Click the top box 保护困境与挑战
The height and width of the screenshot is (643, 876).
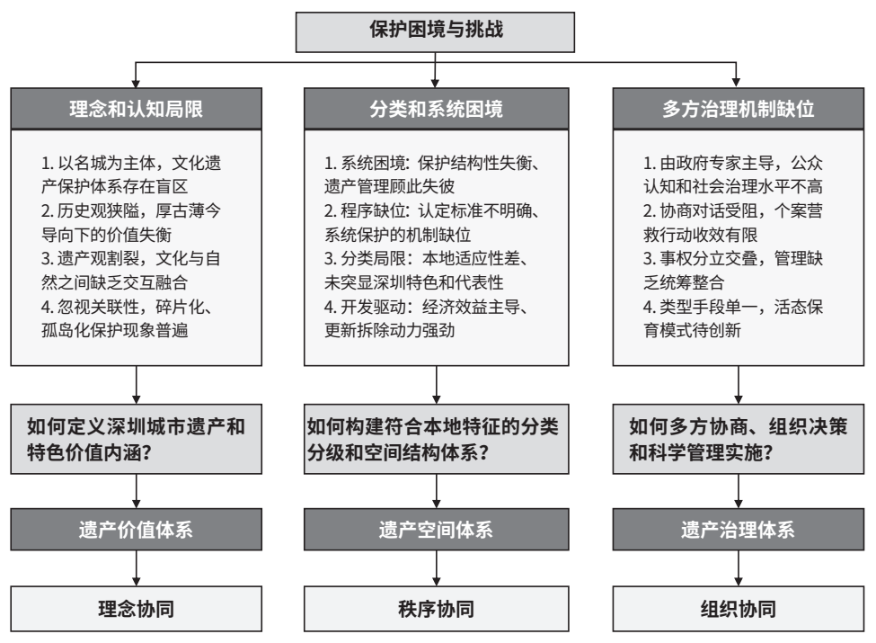[x=435, y=32]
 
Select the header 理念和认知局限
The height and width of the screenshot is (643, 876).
[x=137, y=109]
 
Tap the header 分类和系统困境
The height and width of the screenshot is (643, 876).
[x=437, y=109]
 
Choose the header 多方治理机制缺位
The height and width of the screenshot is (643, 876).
[x=739, y=109]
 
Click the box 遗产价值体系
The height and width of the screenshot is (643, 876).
[x=137, y=530]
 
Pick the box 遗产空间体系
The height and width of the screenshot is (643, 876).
[x=437, y=530]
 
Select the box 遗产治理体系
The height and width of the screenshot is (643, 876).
[x=739, y=530]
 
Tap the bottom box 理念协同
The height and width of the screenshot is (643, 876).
[x=137, y=609]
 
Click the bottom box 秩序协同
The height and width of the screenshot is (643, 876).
[x=437, y=609]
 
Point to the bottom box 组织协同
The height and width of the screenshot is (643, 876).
[x=739, y=609]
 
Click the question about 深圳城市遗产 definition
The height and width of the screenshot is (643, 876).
[x=137, y=440]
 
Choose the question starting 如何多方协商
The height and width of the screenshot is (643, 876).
[x=739, y=440]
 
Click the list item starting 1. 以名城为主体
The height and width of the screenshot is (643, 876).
[x=131, y=174]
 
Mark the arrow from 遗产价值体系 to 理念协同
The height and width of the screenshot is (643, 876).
[x=137, y=568]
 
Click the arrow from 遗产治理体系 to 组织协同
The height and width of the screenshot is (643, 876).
[x=739, y=568]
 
